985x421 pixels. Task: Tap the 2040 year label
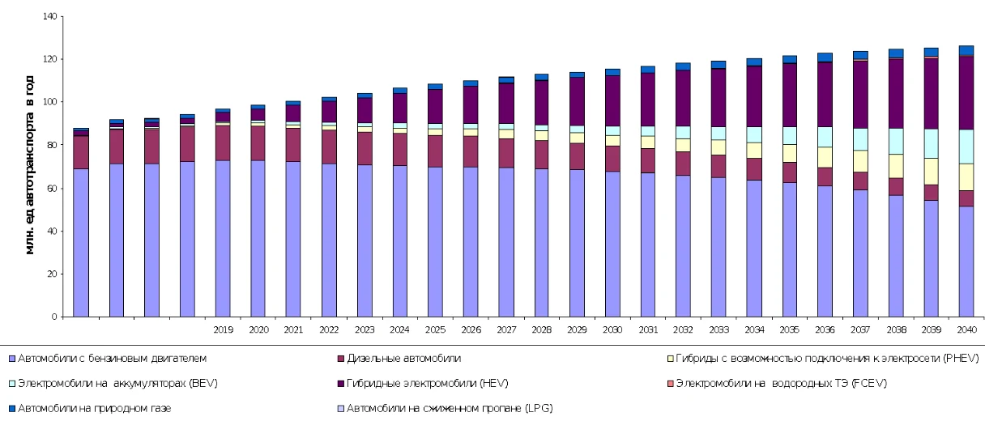coord(966,330)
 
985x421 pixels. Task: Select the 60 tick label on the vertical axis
coord(53,188)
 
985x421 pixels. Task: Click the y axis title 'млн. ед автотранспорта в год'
coord(30,167)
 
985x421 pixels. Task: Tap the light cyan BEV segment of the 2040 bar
coord(966,147)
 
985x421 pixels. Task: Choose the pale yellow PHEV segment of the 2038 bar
coord(895,166)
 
